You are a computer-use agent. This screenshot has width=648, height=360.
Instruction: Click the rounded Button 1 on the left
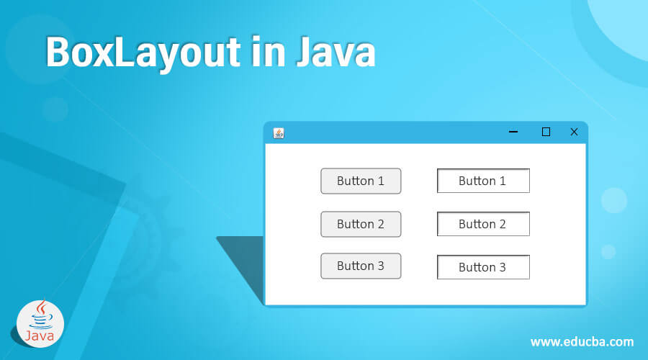(361, 181)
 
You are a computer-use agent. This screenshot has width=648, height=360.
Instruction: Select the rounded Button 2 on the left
(361, 224)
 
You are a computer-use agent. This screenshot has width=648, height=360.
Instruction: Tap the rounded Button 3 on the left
(361, 266)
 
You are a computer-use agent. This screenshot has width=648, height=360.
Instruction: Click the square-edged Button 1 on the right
(483, 181)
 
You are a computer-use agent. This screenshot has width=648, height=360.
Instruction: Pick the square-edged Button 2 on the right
(483, 224)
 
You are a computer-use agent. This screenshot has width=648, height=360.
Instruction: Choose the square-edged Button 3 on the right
(483, 267)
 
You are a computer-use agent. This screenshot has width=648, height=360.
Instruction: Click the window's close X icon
(574, 132)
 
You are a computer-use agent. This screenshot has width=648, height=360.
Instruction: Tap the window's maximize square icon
(546, 132)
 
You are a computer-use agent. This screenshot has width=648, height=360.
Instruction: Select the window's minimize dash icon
(513, 132)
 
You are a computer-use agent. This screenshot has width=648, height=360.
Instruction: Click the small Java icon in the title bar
(279, 132)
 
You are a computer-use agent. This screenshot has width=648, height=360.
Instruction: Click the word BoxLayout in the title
(143, 53)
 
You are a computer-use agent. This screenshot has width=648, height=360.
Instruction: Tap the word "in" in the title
(264, 53)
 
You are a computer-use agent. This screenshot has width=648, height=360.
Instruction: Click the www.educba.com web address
(582, 341)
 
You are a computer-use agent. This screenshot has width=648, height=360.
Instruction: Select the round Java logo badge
(40, 323)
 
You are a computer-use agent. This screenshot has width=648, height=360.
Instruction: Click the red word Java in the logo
(40, 336)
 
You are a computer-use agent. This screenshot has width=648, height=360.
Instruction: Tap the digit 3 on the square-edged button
(502, 267)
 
